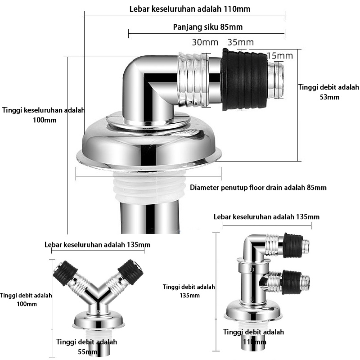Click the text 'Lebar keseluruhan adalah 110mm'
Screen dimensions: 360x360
(189, 9)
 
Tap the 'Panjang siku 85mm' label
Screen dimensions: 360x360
(208, 27)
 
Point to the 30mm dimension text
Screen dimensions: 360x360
(205, 42)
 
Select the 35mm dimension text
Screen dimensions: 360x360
(241, 42)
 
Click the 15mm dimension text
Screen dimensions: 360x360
(280, 56)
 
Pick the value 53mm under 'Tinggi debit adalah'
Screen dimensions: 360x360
(329, 97)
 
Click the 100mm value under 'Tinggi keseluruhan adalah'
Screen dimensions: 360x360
(45, 120)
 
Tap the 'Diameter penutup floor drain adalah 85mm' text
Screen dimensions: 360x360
(258, 188)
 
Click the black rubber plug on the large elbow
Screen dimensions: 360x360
(244, 80)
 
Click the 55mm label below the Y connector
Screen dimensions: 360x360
(87, 352)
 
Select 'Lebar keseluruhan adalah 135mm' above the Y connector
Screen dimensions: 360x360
(97, 245)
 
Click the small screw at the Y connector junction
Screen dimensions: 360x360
(98, 312)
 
